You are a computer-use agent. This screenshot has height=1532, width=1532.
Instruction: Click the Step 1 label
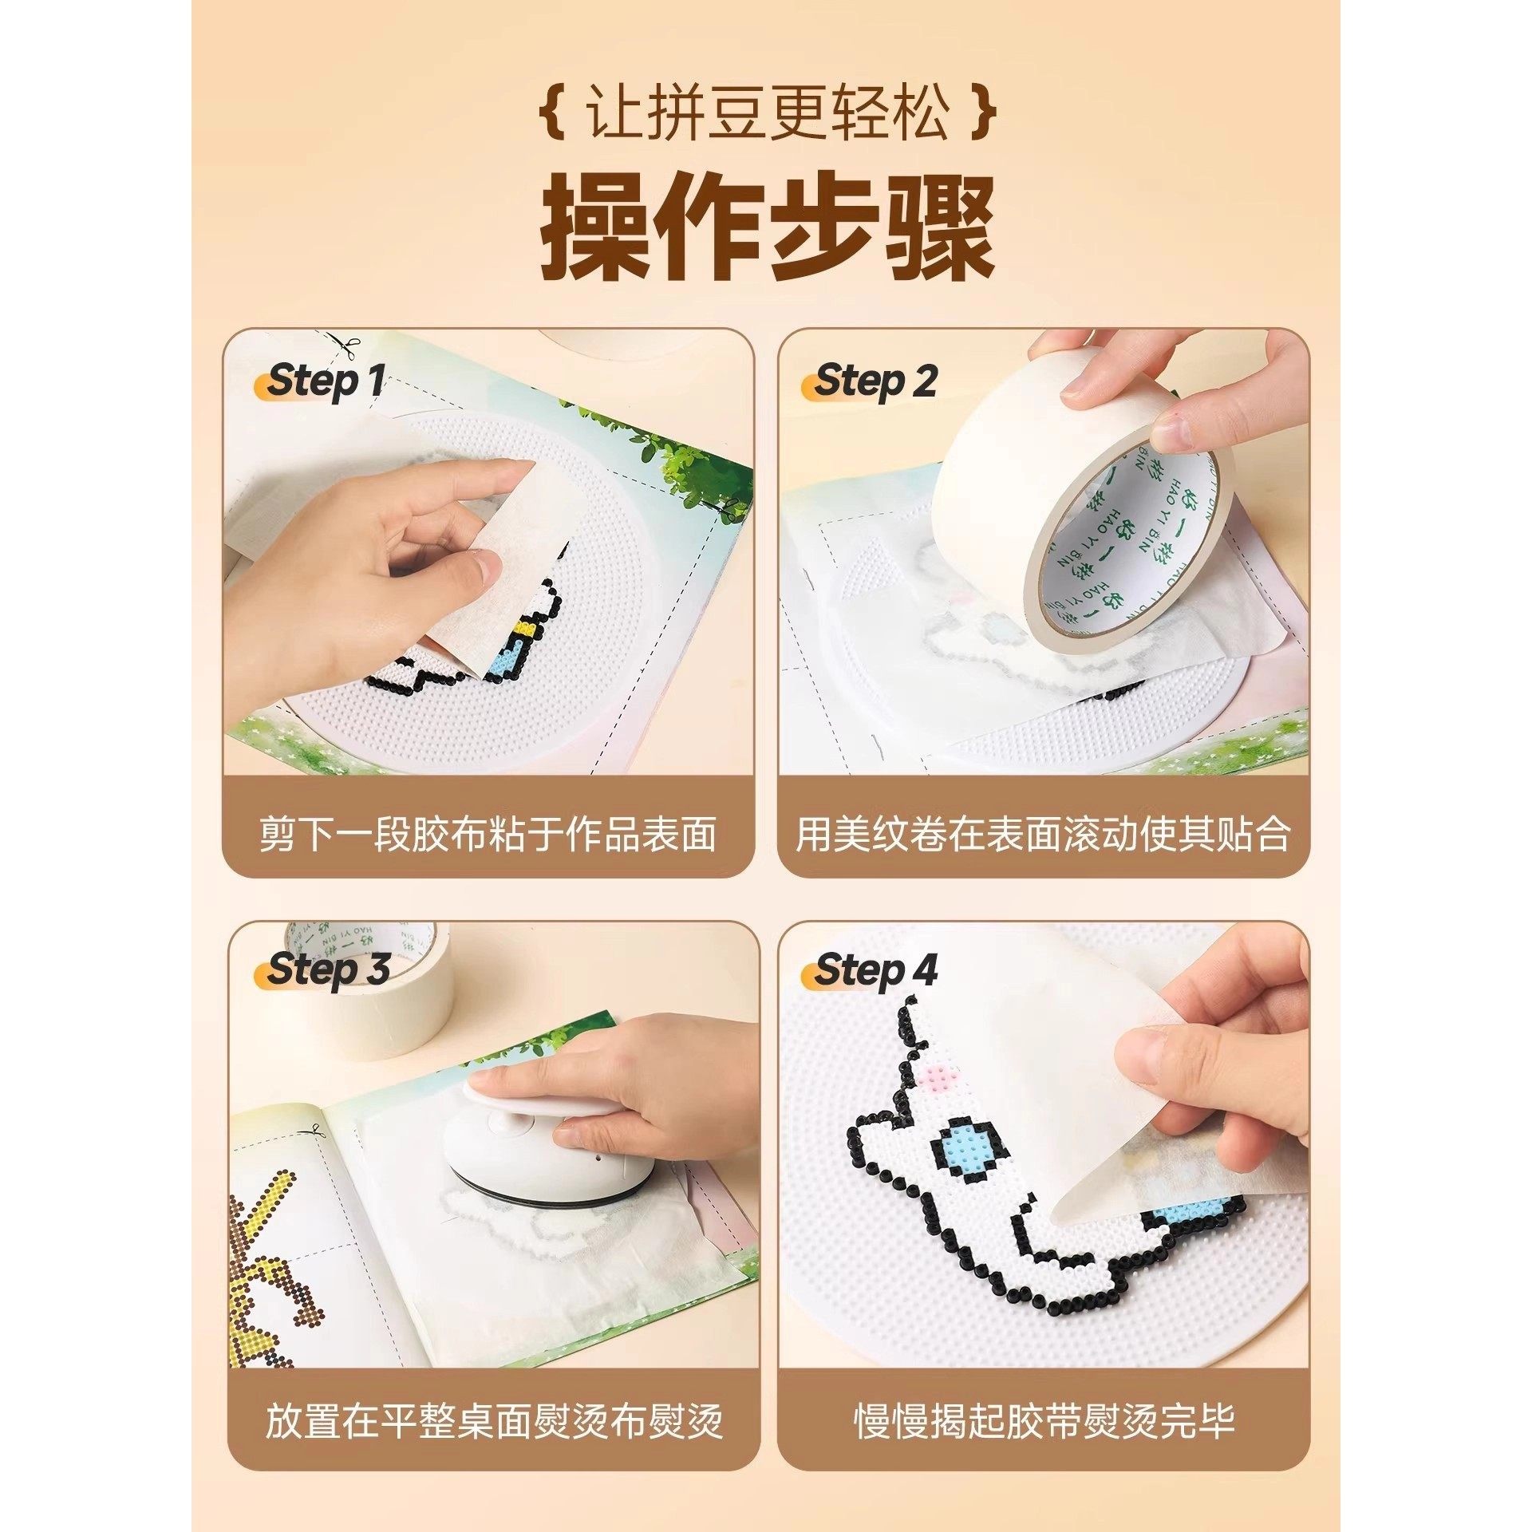[x=322, y=381]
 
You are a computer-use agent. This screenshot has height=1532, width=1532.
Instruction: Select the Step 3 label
[x=326, y=970]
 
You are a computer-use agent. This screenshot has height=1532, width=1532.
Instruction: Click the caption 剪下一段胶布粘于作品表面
[x=488, y=835]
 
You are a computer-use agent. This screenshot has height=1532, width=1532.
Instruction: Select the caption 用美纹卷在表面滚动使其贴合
[x=1042, y=835]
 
